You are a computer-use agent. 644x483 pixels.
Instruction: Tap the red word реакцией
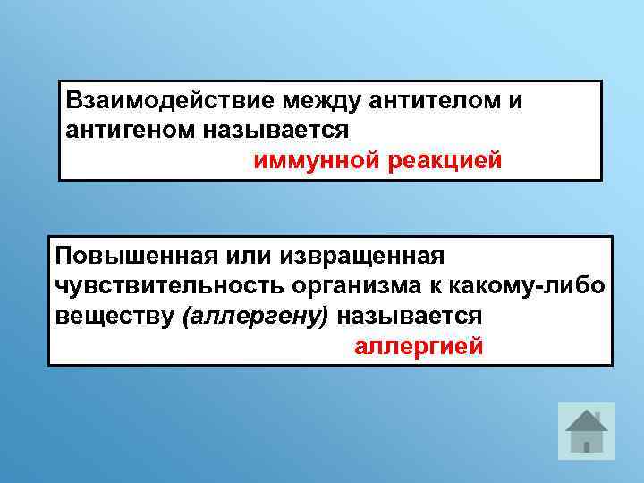tap(446, 161)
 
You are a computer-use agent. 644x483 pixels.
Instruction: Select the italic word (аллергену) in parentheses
tap(255, 316)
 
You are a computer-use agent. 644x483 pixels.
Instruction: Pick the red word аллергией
tap(419, 346)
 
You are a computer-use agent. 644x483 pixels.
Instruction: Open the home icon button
tap(587, 431)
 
